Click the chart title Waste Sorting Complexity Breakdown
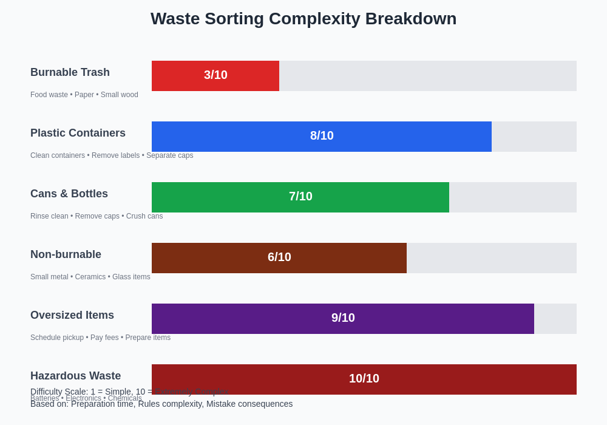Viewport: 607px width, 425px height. (x=303, y=19)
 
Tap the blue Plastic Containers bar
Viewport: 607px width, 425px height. (x=243, y=137)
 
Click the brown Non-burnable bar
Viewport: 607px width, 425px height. (x=212, y=258)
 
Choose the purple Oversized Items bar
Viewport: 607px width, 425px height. (x=243, y=319)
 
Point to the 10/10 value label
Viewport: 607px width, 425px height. (x=364, y=378)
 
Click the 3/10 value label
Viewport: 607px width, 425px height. (x=215, y=75)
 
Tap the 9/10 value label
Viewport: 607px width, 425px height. (x=343, y=318)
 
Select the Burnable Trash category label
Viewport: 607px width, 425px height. (x=70, y=72)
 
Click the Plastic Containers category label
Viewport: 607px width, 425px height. (x=78, y=133)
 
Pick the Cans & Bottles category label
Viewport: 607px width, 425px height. (x=69, y=194)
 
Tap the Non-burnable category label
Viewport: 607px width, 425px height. (x=66, y=254)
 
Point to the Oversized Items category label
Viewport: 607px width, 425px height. (x=72, y=315)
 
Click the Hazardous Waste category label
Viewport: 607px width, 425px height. (x=75, y=376)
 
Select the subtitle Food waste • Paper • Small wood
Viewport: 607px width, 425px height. (x=84, y=95)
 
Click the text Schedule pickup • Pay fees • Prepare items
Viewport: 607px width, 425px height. (x=100, y=338)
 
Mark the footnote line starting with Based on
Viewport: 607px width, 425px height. (x=161, y=404)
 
